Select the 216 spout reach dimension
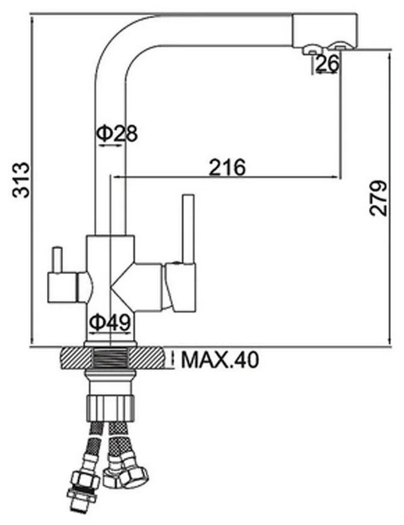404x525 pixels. point(227,167)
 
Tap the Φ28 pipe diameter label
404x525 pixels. point(116,133)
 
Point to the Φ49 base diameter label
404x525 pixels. point(110,323)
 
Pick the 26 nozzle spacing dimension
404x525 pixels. point(326,63)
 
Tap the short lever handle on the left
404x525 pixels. point(57,261)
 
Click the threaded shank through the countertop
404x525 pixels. point(110,359)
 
